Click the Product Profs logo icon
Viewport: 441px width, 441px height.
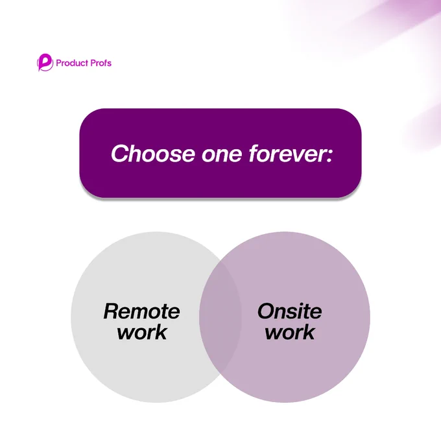[x=45, y=62]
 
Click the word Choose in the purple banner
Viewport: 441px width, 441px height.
[x=153, y=154]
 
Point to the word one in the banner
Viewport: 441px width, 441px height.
[x=222, y=155]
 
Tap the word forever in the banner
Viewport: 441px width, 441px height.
[x=287, y=154]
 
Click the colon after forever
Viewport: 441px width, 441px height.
[x=329, y=155]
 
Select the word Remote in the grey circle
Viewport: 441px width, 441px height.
[x=142, y=311]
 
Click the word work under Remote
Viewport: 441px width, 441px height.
[x=142, y=332]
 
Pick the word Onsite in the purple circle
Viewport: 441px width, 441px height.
[x=290, y=311]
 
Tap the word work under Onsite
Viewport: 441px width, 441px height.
[x=290, y=332]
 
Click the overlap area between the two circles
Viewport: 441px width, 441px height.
[x=220, y=317]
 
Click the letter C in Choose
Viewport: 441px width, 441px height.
[x=121, y=154]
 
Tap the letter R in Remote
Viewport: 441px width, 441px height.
[x=112, y=311]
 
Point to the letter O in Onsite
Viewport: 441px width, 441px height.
[x=267, y=311]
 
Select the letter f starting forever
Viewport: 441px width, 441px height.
[x=254, y=154]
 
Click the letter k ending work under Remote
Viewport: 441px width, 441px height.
[x=161, y=332]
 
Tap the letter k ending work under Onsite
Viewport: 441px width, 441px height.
[x=308, y=332]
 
